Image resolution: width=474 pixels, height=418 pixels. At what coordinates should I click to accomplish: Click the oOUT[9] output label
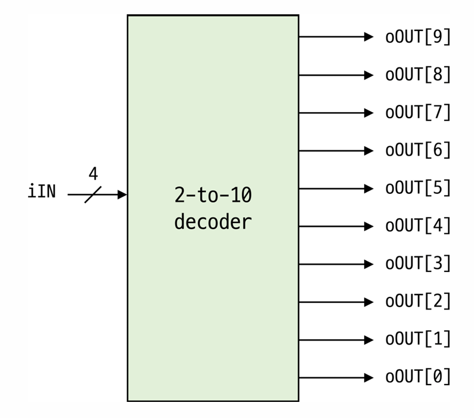(418, 37)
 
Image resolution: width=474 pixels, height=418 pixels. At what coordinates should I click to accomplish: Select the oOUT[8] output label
(418, 75)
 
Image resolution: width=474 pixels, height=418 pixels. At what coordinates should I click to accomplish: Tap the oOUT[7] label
(418, 113)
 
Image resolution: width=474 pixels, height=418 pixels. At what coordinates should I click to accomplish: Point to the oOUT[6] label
(418, 151)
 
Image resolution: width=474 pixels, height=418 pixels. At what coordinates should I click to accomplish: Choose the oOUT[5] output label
(418, 188)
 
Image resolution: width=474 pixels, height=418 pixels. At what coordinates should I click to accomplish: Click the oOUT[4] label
(418, 227)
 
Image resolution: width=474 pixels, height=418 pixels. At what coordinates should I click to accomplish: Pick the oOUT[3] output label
(418, 264)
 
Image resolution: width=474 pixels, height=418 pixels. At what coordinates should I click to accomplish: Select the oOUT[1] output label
(418, 340)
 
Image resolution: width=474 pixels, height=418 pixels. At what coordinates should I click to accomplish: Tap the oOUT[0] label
(418, 377)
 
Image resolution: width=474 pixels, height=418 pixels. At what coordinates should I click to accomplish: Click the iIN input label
(42, 192)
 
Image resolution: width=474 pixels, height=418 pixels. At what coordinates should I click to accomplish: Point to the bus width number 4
(93, 174)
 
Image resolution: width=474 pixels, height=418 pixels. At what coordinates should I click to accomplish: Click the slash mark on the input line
(93, 194)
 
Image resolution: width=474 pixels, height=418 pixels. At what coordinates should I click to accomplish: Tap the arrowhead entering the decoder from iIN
(122, 194)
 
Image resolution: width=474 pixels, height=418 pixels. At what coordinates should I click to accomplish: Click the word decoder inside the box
(213, 222)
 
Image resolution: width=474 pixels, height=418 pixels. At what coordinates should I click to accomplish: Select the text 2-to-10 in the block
(213, 195)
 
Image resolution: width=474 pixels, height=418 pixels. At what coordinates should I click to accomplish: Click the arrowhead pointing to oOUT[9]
(369, 37)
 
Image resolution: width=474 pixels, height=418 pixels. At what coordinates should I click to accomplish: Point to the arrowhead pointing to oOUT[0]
(369, 377)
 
